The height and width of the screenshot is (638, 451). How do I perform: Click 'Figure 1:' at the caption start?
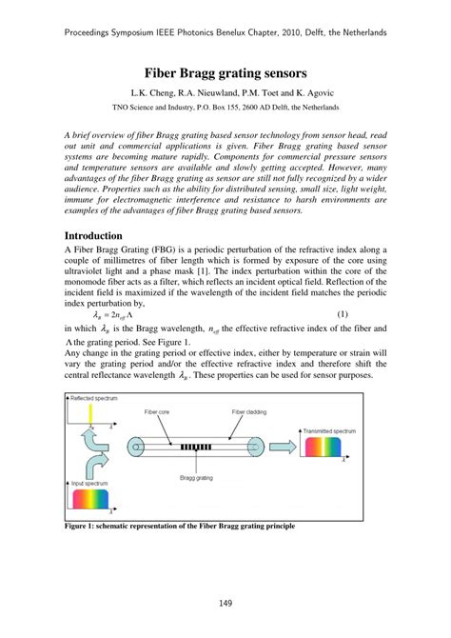[x=82, y=525]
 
